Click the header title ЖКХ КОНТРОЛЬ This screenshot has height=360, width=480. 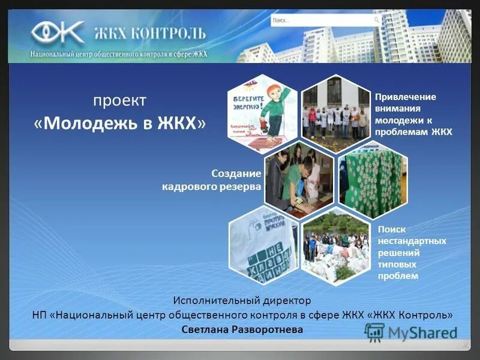tap(149, 33)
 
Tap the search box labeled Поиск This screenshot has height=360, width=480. tap(325, 20)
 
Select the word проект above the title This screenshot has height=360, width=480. tap(119, 100)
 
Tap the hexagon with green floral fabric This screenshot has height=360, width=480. tap(372, 180)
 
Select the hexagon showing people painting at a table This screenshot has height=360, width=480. tap(299, 180)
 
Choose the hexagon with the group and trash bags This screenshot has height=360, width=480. tap(336, 246)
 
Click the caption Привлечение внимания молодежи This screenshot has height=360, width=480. tap(413, 114)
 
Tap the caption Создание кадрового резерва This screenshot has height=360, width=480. tap(211, 180)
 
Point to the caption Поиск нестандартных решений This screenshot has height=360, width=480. tap(412, 252)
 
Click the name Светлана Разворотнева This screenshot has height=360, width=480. tap(242, 330)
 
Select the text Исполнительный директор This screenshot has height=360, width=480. tap(242, 299)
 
